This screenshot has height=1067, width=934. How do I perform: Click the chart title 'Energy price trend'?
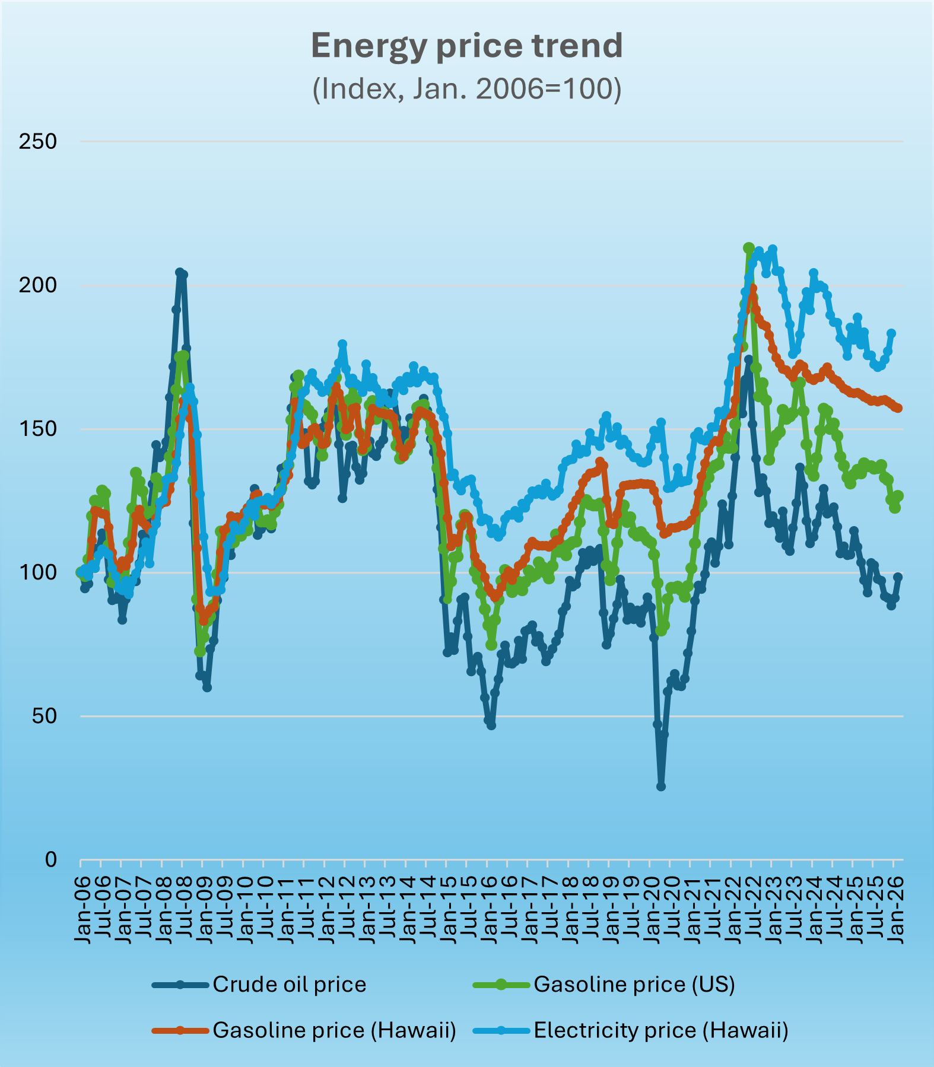pos(467,46)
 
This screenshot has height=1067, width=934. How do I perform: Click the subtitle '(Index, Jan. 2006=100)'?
pos(467,89)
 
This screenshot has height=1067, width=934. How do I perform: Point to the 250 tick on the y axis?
pos(38,142)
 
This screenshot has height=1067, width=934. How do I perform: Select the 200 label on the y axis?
pos(38,285)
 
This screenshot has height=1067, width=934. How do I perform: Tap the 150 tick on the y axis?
pos(38,429)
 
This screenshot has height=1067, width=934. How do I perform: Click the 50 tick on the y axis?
pos(44,716)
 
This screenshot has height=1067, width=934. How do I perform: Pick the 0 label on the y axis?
pos(50,859)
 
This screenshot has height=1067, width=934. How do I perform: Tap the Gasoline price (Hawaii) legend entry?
pos(304,1030)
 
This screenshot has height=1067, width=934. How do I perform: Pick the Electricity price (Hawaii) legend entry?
pos(631,1030)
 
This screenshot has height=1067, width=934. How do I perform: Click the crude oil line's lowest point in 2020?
pos(661,786)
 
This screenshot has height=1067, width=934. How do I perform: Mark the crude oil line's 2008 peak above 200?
pos(180,272)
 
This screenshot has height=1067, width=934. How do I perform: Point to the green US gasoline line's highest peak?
pos(749,248)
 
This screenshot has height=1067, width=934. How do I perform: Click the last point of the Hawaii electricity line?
pos(891,333)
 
